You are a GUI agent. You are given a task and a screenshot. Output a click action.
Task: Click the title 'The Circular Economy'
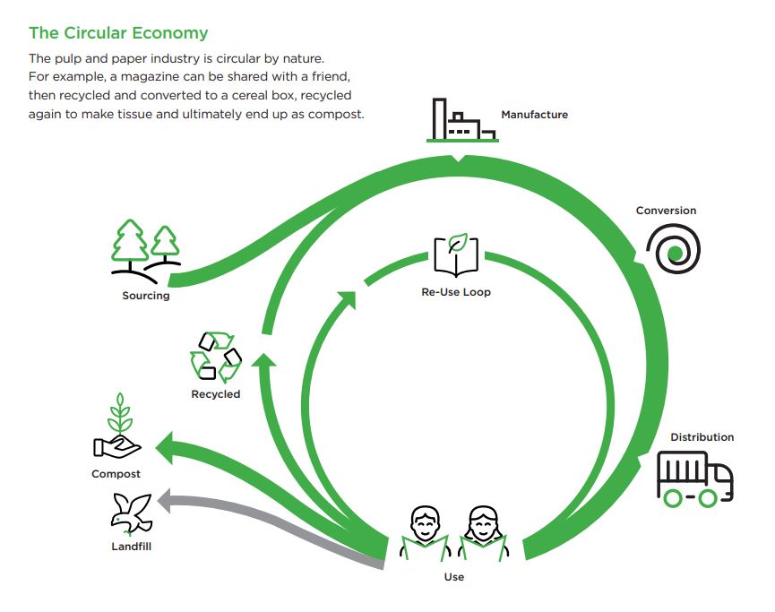coord(118,33)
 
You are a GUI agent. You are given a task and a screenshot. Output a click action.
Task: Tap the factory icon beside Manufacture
coord(462,120)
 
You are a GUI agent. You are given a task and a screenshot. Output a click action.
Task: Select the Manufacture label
coord(534,115)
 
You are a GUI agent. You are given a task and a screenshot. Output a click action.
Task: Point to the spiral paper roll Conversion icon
coord(674,249)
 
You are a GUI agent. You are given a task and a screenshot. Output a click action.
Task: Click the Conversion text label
coord(666,211)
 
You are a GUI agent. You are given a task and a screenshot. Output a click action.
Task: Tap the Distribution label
coord(702,437)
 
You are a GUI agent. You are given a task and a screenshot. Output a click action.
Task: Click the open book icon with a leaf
coord(456,254)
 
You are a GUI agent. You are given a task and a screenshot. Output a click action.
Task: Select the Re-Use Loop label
coord(456,292)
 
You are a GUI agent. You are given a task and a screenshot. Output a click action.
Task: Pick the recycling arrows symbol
coord(216,357)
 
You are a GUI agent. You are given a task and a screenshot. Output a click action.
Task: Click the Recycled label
coord(216,394)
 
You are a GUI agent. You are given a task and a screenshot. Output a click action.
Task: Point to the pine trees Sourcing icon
coord(146,252)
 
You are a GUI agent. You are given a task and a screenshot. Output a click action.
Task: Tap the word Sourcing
coord(146,296)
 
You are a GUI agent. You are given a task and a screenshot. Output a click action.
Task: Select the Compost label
coord(116,474)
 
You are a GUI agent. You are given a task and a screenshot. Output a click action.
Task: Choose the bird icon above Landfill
coord(131,514)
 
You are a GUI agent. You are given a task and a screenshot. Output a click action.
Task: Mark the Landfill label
coord(131,547)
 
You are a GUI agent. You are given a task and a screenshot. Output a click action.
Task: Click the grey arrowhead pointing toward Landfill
coord(165,500)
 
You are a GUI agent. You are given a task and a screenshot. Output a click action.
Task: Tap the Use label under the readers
coord(453,577)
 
